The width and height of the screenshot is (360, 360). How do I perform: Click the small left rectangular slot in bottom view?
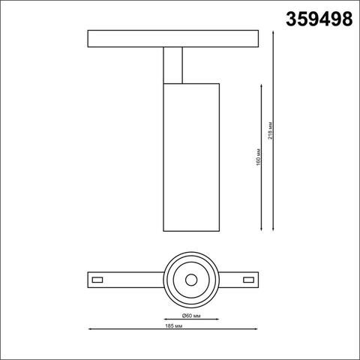(97, 279)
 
